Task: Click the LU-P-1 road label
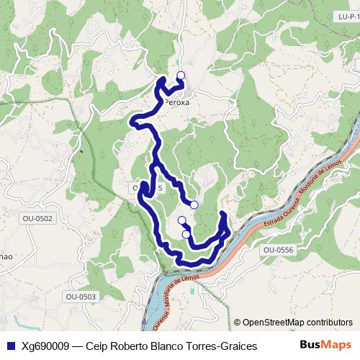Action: click(x=347, y=16)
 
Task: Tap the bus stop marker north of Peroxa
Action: click(x=180, y=75)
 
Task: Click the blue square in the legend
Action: click(x=10, y=346)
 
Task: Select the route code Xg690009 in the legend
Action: click(x=45, y=346)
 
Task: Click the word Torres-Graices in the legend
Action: click(x=222, y=346)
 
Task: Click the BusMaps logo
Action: click(x=326, y=345)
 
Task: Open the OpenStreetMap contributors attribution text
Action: click(x=297, y=322)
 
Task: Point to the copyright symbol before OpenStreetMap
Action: click(x=238, y=322)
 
